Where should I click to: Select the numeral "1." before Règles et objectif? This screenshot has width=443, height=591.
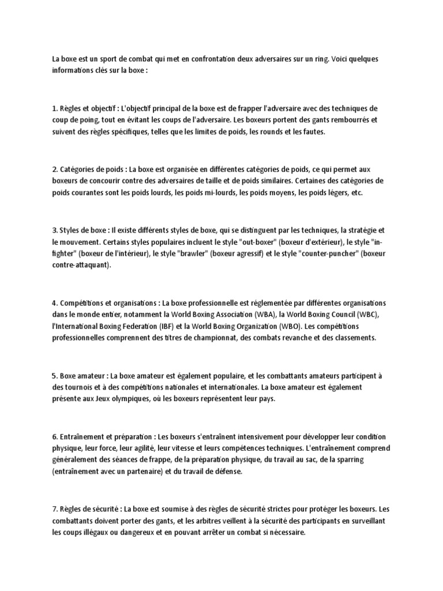pyautogui.click(x=55, y=109)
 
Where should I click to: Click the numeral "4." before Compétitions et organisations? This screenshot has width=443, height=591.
pyautogui.click(x=55, y=302)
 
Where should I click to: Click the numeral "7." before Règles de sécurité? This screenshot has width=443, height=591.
pyautogui.click(x=55, y=508)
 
